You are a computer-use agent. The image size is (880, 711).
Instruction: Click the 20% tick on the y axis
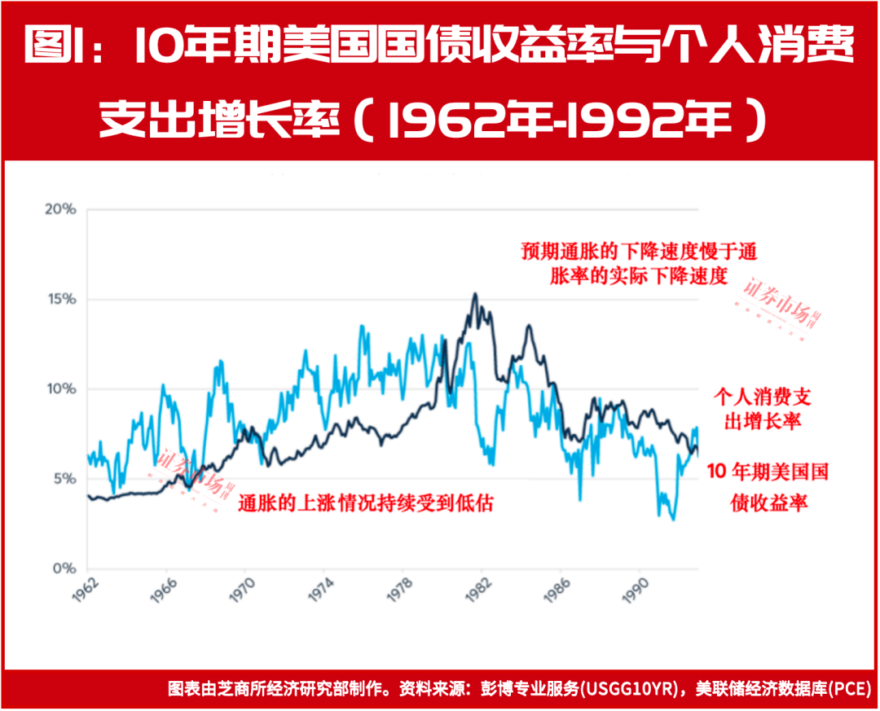(x=59, y=209)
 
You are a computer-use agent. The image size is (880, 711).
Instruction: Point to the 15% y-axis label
(x=59, y=299)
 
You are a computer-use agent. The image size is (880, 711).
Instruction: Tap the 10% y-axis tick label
(x=59, y=388)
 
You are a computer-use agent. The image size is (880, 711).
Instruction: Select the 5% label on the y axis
(x=61, y=478)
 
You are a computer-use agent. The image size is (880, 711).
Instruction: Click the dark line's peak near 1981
(x=474, y=294)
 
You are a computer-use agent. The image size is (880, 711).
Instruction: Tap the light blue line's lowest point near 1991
(x=673, y=519)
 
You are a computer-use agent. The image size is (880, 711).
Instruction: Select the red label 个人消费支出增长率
(x=763, y=408)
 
